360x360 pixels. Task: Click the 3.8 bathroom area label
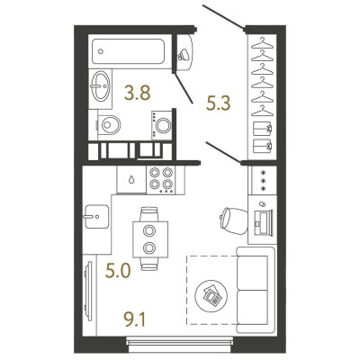pyautogui.click(x=138, y=93)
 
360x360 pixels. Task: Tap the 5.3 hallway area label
pyautogui.click(x=218, y=103)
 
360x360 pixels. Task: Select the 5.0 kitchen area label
pyautogui.click(x=118, y=271)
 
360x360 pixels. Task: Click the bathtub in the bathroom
pyautogui.click(x=129, y=51)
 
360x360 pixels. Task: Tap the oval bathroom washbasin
pyautogui.click(x=101, y=85)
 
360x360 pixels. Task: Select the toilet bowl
pyautogui.click(x=109, y=125)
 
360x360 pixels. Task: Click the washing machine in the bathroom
pyautogui.click(x=162, y=125)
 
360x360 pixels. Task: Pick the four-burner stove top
pyautogui.click(x=161, y=180)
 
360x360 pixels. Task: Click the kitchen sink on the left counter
pyautogui.click(x=96, y=216)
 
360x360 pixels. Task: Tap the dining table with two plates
pyautogui.click(x=150, y=239)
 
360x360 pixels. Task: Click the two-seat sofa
pyautogui.click(x=256, y=290)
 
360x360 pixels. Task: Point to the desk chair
pyautogui.click(x=234, y=221)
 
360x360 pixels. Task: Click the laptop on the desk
pyautogui.click(x=263, y=221)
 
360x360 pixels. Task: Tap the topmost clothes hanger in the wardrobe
pyautogui.click(x=263, y=43)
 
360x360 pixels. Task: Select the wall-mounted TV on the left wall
pyautogui.click(x=88, y=292)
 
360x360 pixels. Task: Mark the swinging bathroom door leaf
pyautogui.click(x=184, y=87)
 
